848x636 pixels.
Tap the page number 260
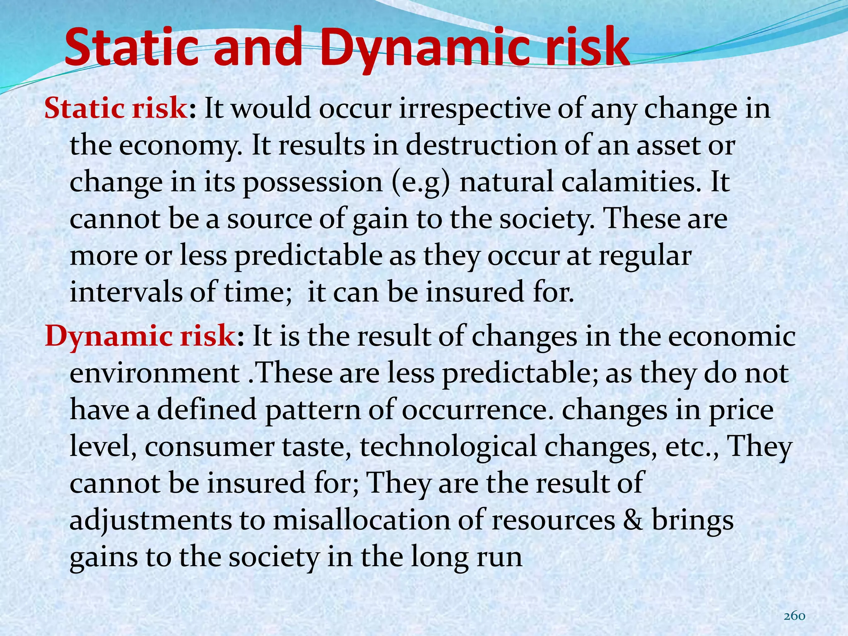coord(794,616)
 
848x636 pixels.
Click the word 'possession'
coord(313,182)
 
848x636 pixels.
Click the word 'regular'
coord(645,255)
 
